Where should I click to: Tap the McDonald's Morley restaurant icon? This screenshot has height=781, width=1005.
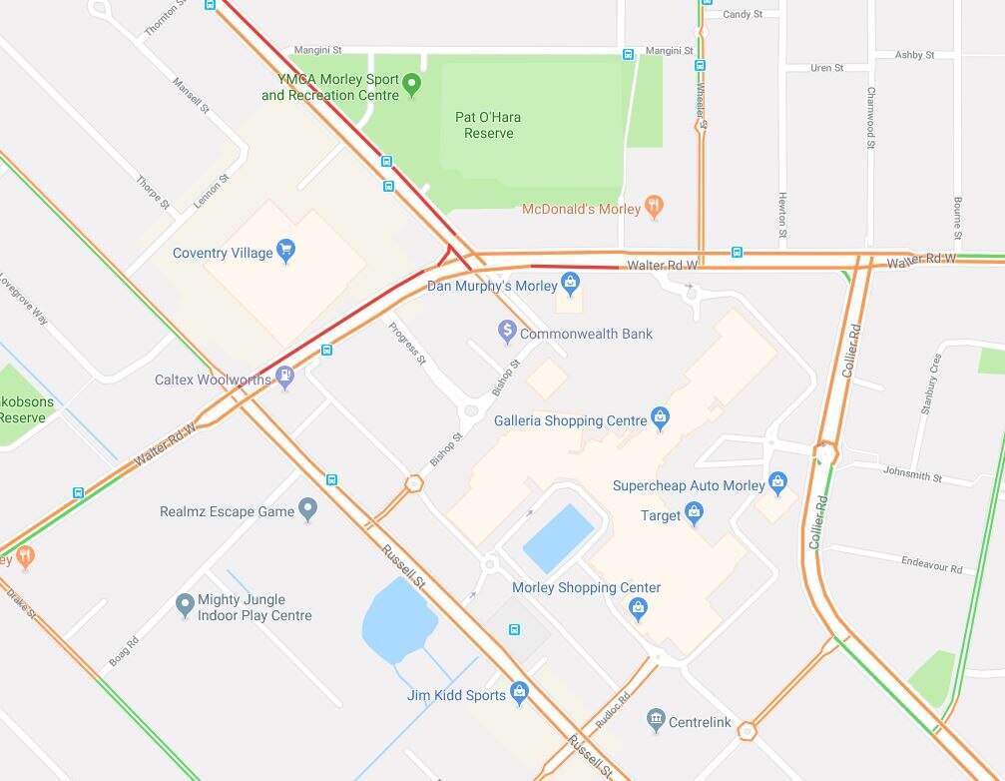pos(654,207)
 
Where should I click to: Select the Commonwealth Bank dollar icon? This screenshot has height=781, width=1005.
pos(507,330)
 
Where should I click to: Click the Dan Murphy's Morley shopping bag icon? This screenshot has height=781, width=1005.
pos(570,284)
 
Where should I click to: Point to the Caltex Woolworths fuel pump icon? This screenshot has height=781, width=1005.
pos(285,378)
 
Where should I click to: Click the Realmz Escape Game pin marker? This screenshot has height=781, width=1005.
pos(307,509)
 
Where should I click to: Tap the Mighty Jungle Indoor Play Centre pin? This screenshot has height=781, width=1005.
pos(185,604)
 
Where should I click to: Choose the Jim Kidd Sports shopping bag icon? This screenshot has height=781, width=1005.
pos(519,692)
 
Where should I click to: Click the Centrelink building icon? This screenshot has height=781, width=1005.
pos(656,719)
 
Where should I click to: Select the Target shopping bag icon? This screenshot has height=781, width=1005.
pos(695,513)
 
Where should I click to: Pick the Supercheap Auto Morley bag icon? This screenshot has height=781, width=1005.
pos(779,483)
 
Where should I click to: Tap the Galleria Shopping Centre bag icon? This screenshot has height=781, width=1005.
pos(659,417)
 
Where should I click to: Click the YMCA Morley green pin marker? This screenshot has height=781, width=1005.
pos(412,85)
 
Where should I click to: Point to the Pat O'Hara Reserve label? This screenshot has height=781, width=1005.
pos(488,125)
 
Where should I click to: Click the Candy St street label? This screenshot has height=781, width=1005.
pos(743,15)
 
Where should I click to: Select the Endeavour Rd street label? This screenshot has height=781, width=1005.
pos(931,565)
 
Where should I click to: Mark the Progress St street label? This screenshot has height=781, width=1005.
pos(407,344)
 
